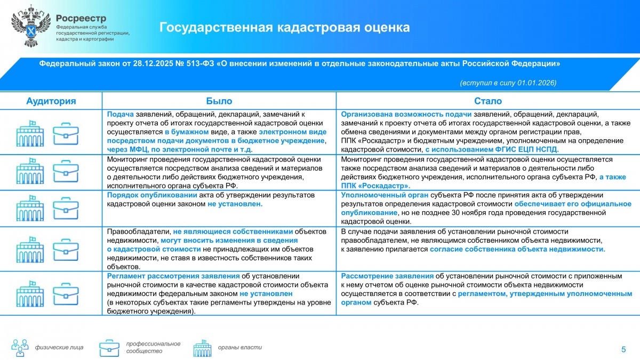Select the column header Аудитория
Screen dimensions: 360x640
(51, 101)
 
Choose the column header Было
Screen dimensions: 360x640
(219, 101)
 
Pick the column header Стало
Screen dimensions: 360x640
(487, 101)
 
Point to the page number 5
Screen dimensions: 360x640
(623, 349)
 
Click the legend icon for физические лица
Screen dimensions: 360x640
(21, 347)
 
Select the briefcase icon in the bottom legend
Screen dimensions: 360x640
(109, 348)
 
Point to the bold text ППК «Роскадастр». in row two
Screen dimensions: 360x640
(375, 186)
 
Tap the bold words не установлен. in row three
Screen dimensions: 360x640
(235, 204)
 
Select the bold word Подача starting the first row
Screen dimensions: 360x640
(121, 114)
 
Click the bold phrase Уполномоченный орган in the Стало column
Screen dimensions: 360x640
(385, 195)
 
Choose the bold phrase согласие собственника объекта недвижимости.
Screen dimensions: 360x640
(517, 249)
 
